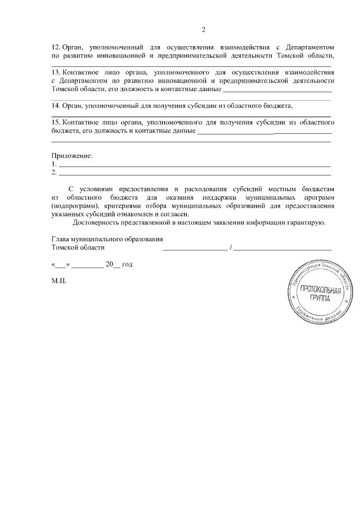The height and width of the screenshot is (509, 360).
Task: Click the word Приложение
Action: (x=71, y=155)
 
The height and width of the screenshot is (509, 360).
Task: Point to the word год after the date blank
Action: (x=127, y=264)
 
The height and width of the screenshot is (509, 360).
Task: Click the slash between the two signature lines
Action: (x=231, y=248)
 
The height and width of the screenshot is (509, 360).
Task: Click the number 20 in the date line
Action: (x=109, y=264)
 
